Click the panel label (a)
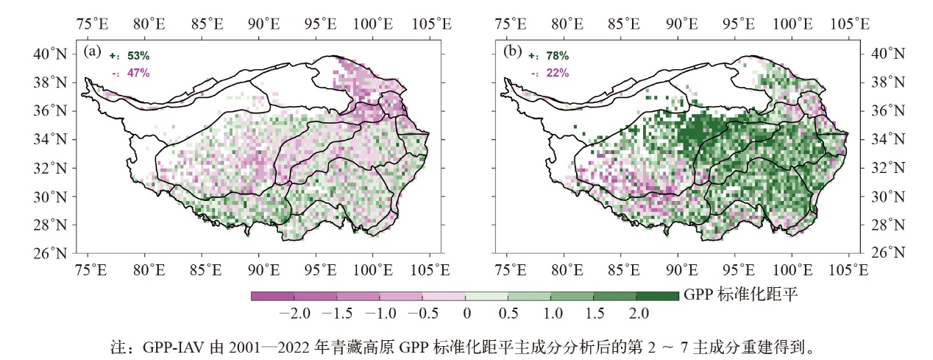[x=93, y=52]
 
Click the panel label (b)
[x=512, y=52]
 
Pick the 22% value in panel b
[x=556, y=73]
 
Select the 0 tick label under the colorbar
[x=466, y=313]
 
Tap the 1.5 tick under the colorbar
[x=595, y=313]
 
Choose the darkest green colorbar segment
[x=657, y=296]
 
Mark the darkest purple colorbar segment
[x=272, y=296]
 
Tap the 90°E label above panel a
[x=263, y=23]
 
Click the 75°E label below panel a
[x=92, y=269]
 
